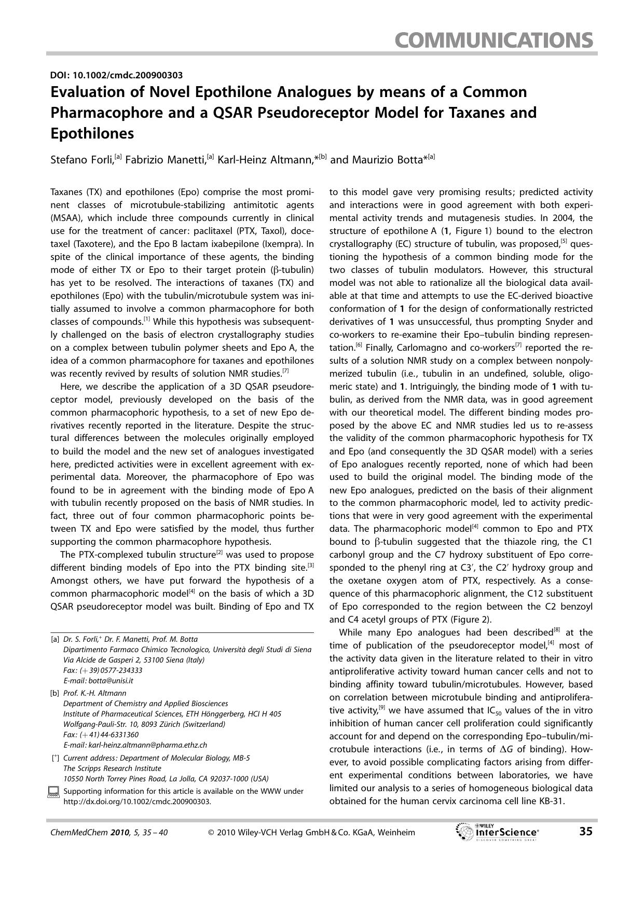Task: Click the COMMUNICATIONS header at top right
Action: point(494,40)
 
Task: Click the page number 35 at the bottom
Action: point(585,832)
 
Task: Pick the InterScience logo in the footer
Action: point(497,832)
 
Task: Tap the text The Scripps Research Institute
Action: point(112,768)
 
